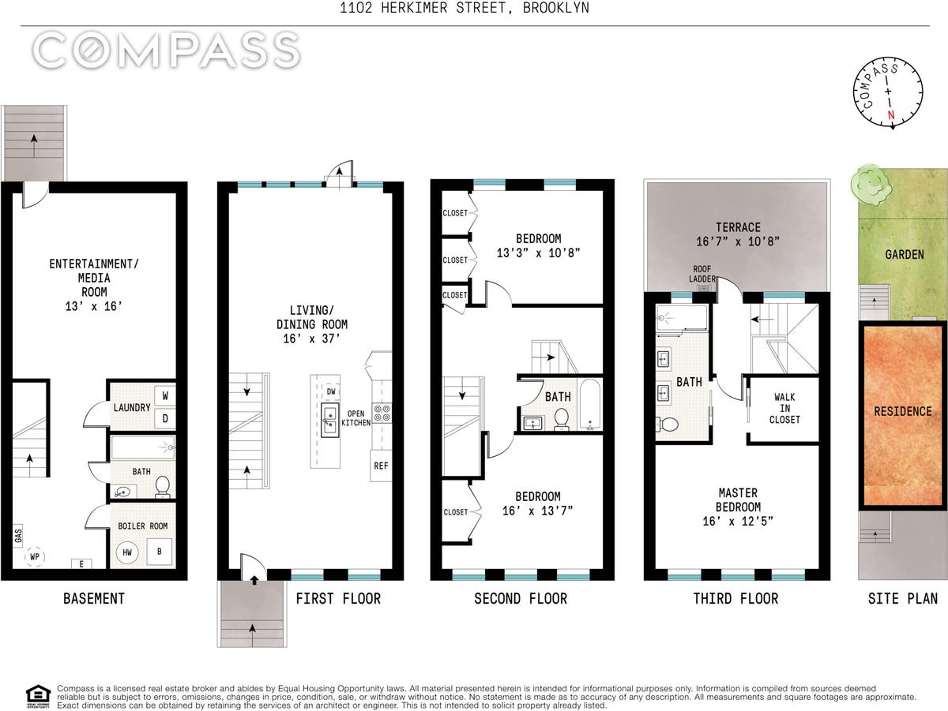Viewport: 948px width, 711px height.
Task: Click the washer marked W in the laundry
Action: pos(165,395)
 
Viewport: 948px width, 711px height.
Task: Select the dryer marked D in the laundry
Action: pos(165,418)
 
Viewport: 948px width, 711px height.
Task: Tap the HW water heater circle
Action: pos(127,552)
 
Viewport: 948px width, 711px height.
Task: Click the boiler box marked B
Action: pos(160,551)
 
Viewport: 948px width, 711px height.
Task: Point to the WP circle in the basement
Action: pos(35,556)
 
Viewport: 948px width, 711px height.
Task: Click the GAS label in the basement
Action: pos(18,536)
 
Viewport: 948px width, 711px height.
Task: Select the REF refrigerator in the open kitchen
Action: pos(381,466)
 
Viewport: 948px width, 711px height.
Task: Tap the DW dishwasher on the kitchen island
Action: pos(331,391)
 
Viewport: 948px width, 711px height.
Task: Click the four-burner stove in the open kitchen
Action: pos(382,413)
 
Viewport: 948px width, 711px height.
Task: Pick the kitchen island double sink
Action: pos(329,420)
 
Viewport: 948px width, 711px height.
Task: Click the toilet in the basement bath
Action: pos(163,486)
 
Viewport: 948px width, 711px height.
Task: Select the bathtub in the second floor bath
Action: pos(589,405)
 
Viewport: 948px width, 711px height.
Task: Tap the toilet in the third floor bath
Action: pos(667,424)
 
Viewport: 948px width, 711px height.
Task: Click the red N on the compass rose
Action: pos(890,115)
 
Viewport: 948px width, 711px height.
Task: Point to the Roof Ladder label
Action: pos(702,274)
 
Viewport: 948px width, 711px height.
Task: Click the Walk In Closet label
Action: pos(784,408)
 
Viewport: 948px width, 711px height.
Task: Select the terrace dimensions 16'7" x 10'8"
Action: pos(738,241)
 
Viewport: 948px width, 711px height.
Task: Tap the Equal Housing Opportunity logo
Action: pos(39,697)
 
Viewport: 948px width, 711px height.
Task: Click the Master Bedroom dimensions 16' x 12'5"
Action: pos(738,521)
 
